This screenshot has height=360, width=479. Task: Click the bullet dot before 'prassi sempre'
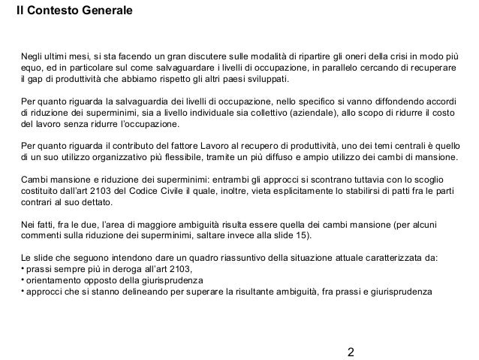(x=23, y=271)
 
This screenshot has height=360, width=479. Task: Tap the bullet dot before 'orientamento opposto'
(x=23, y=282)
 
